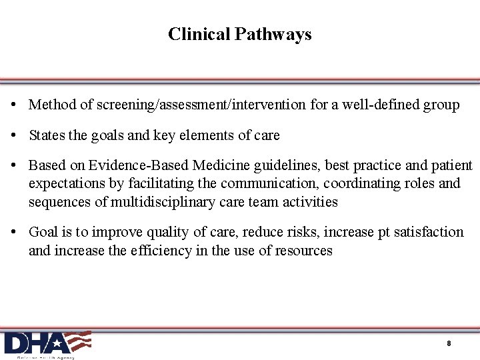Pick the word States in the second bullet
(47, 135)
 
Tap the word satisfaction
(428, 232)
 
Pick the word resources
(303, 251)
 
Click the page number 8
(449, 343)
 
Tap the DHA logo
(47, 344)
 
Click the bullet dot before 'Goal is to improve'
(14, 233)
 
